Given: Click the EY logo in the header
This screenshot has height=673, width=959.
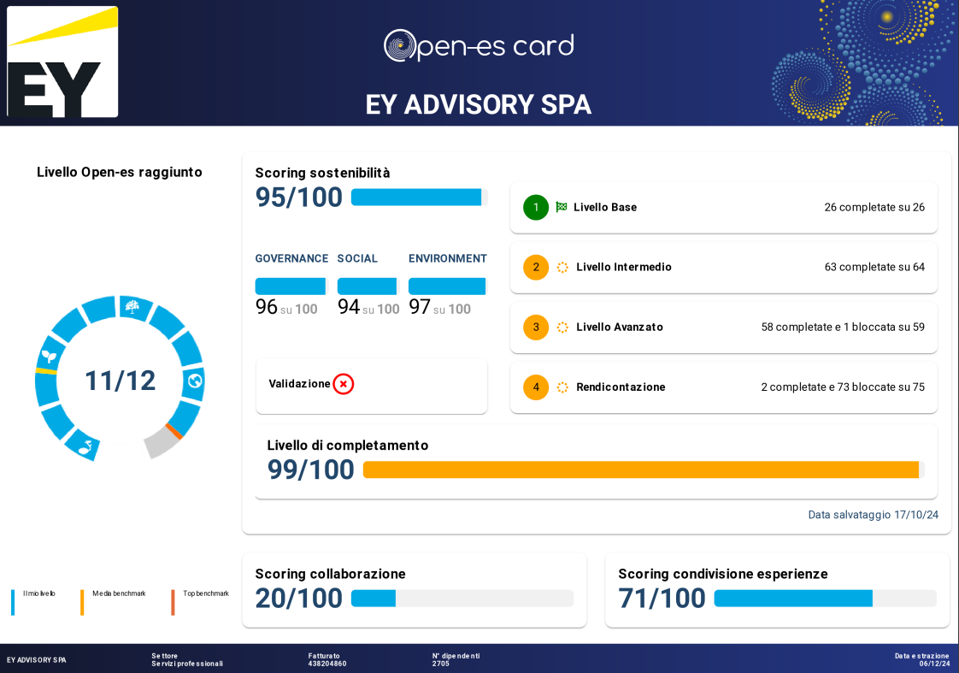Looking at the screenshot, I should pyautogui.click(x=62, y=62).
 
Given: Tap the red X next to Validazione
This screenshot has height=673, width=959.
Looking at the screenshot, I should pyautogui.click(x=344, y=384).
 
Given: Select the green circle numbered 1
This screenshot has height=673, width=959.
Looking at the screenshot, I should pyautogui.click(x=536, y=207).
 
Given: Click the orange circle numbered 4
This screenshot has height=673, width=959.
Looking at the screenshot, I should pyautogui.click(x=536, y=387).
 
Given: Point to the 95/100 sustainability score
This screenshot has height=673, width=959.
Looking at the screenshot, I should pyautogui.click(x=299, y=198).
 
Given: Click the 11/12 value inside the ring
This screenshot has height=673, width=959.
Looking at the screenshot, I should pyautogui.click(x=121, y=381).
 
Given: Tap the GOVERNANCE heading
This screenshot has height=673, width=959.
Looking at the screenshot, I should pyautogui.click(x=291, y=258).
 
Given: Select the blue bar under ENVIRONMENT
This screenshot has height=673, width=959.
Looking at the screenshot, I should pyautogui.click(x=447, y=286).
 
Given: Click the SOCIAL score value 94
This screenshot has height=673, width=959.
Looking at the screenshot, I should pyautogui.click(x=349, y=307).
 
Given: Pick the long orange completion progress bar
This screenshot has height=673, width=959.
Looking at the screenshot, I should pyautogui.click(x=641, y=469).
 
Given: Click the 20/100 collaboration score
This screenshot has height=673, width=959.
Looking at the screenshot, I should pyautogui.click(x=299, y=599).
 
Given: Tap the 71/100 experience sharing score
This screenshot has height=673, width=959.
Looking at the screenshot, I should pyautogui.click(x=662, y=599).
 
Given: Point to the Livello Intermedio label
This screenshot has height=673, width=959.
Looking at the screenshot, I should pyautogui.click(x=624, y=267).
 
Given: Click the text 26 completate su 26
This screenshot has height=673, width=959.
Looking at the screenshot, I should pyautogui.click(x=874, y=207).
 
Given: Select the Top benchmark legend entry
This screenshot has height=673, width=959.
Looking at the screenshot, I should pyautogui.click(x=205, y=593).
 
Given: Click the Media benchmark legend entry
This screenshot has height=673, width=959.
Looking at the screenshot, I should pyautogui.click(x=119, y=593).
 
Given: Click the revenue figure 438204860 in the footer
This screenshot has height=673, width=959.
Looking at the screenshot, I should pyautogui.click(x=327, y=664).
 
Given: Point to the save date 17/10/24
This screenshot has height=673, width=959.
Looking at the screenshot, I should pyautogui.click(x=916, y=515).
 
